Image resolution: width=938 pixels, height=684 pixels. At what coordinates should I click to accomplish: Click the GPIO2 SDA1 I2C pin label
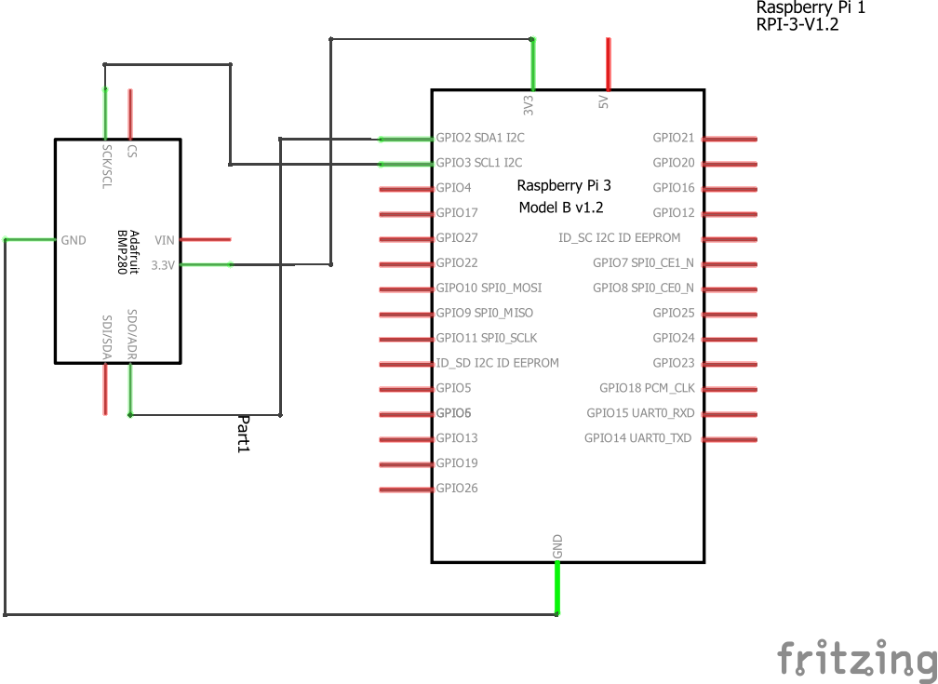coord(479,138)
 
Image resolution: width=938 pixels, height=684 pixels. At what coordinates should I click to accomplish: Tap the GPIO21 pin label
coord(674,138)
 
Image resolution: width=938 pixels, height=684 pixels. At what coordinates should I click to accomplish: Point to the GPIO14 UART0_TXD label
coord(638,438)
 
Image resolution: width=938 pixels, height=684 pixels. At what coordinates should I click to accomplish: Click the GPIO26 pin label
coord(457,488)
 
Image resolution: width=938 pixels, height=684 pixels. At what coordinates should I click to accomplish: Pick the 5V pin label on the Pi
coord(603,101)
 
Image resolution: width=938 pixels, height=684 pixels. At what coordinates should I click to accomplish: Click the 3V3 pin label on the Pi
coord(529,103)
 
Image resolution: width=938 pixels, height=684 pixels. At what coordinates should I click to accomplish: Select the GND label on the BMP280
coord(74,240)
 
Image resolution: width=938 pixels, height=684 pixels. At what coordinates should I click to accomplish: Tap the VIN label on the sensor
coord(165,240)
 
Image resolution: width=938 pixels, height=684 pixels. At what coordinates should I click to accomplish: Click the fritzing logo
coord(856,658)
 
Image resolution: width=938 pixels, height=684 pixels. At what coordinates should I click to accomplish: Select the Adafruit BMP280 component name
coord(127,252)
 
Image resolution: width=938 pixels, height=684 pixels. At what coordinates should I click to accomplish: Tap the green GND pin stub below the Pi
coord(557,589)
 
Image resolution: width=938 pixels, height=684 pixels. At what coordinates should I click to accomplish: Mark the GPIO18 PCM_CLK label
coord(647,388)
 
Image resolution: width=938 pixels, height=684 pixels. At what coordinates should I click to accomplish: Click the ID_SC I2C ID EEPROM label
coord(619,238)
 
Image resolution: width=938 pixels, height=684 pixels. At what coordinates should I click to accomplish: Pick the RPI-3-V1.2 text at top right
coord(798,26)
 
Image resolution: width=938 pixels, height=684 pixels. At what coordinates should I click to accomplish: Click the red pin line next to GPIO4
coord(406,188)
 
